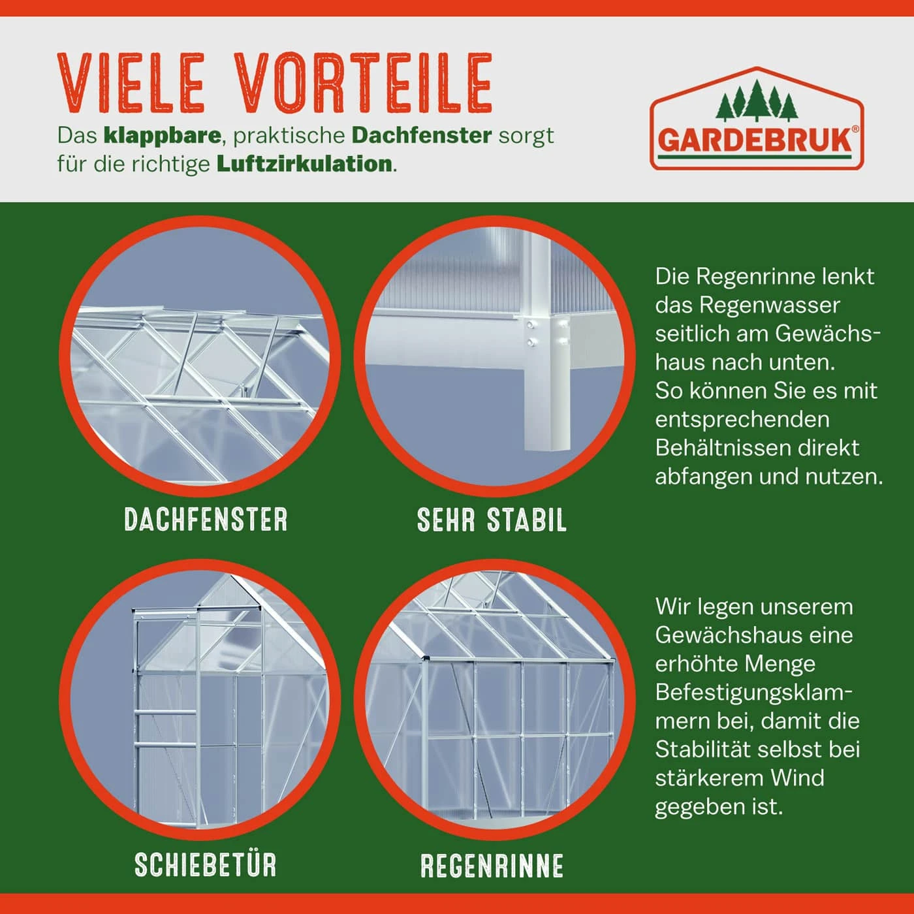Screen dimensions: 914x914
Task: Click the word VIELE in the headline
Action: point(131,83)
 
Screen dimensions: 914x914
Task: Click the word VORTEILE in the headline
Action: point(363,83)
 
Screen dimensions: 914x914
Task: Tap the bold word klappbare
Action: point(162,136)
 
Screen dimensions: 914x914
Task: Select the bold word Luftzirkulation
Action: point(304,164)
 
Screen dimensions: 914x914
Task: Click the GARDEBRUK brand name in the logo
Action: point(755,141)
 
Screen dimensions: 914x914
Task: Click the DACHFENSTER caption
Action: point(206,520)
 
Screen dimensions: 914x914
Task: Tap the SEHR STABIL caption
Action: point(492,520)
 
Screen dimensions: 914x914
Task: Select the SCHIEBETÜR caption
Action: point(206,865)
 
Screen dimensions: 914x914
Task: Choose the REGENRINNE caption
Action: point(492,866)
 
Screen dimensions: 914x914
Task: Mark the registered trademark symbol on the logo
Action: point(855,129)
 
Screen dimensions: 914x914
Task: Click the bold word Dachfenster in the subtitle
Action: point(421,136)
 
